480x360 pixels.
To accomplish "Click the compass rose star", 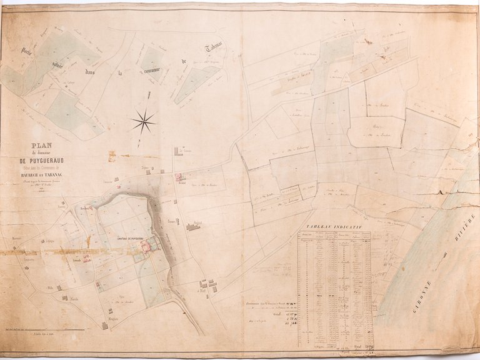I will (x=143, y=121).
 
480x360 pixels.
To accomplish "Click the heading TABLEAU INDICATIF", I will (x=334, y=227).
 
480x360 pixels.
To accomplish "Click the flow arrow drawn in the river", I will (x=444, y=255).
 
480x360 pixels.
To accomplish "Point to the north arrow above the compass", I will (x=149, y=97).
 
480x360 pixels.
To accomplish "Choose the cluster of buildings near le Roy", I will (x=209, y=286).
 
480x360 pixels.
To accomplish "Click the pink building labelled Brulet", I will (x=180, y=177).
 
